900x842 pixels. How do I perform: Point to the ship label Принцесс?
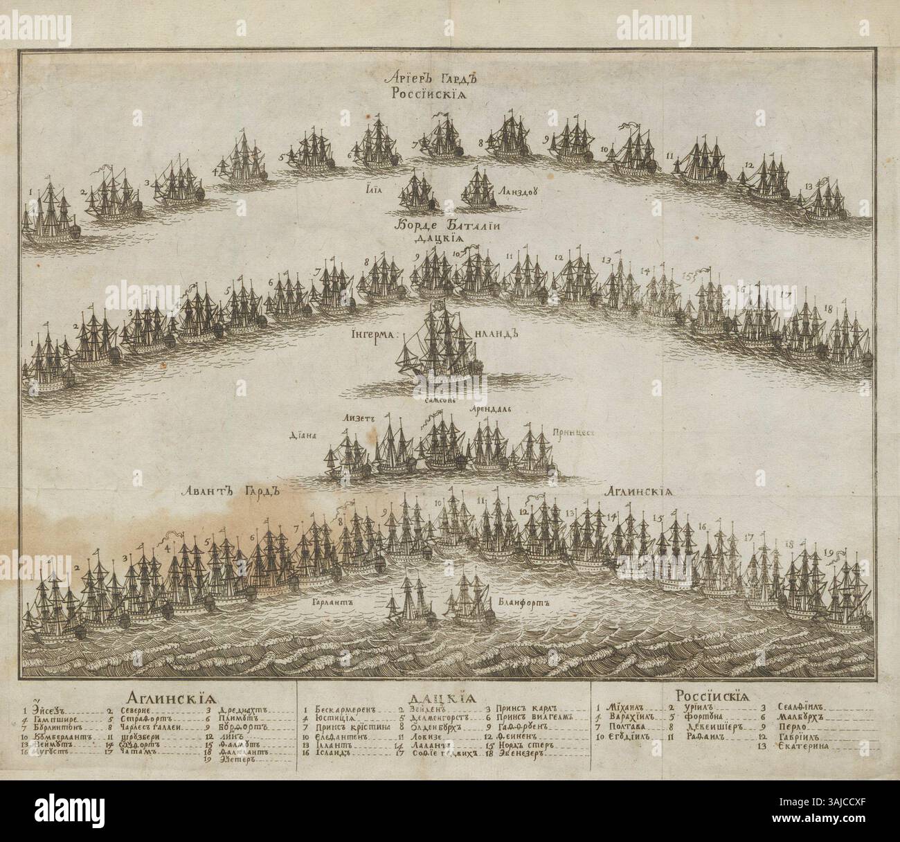[x=575, y=431]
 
